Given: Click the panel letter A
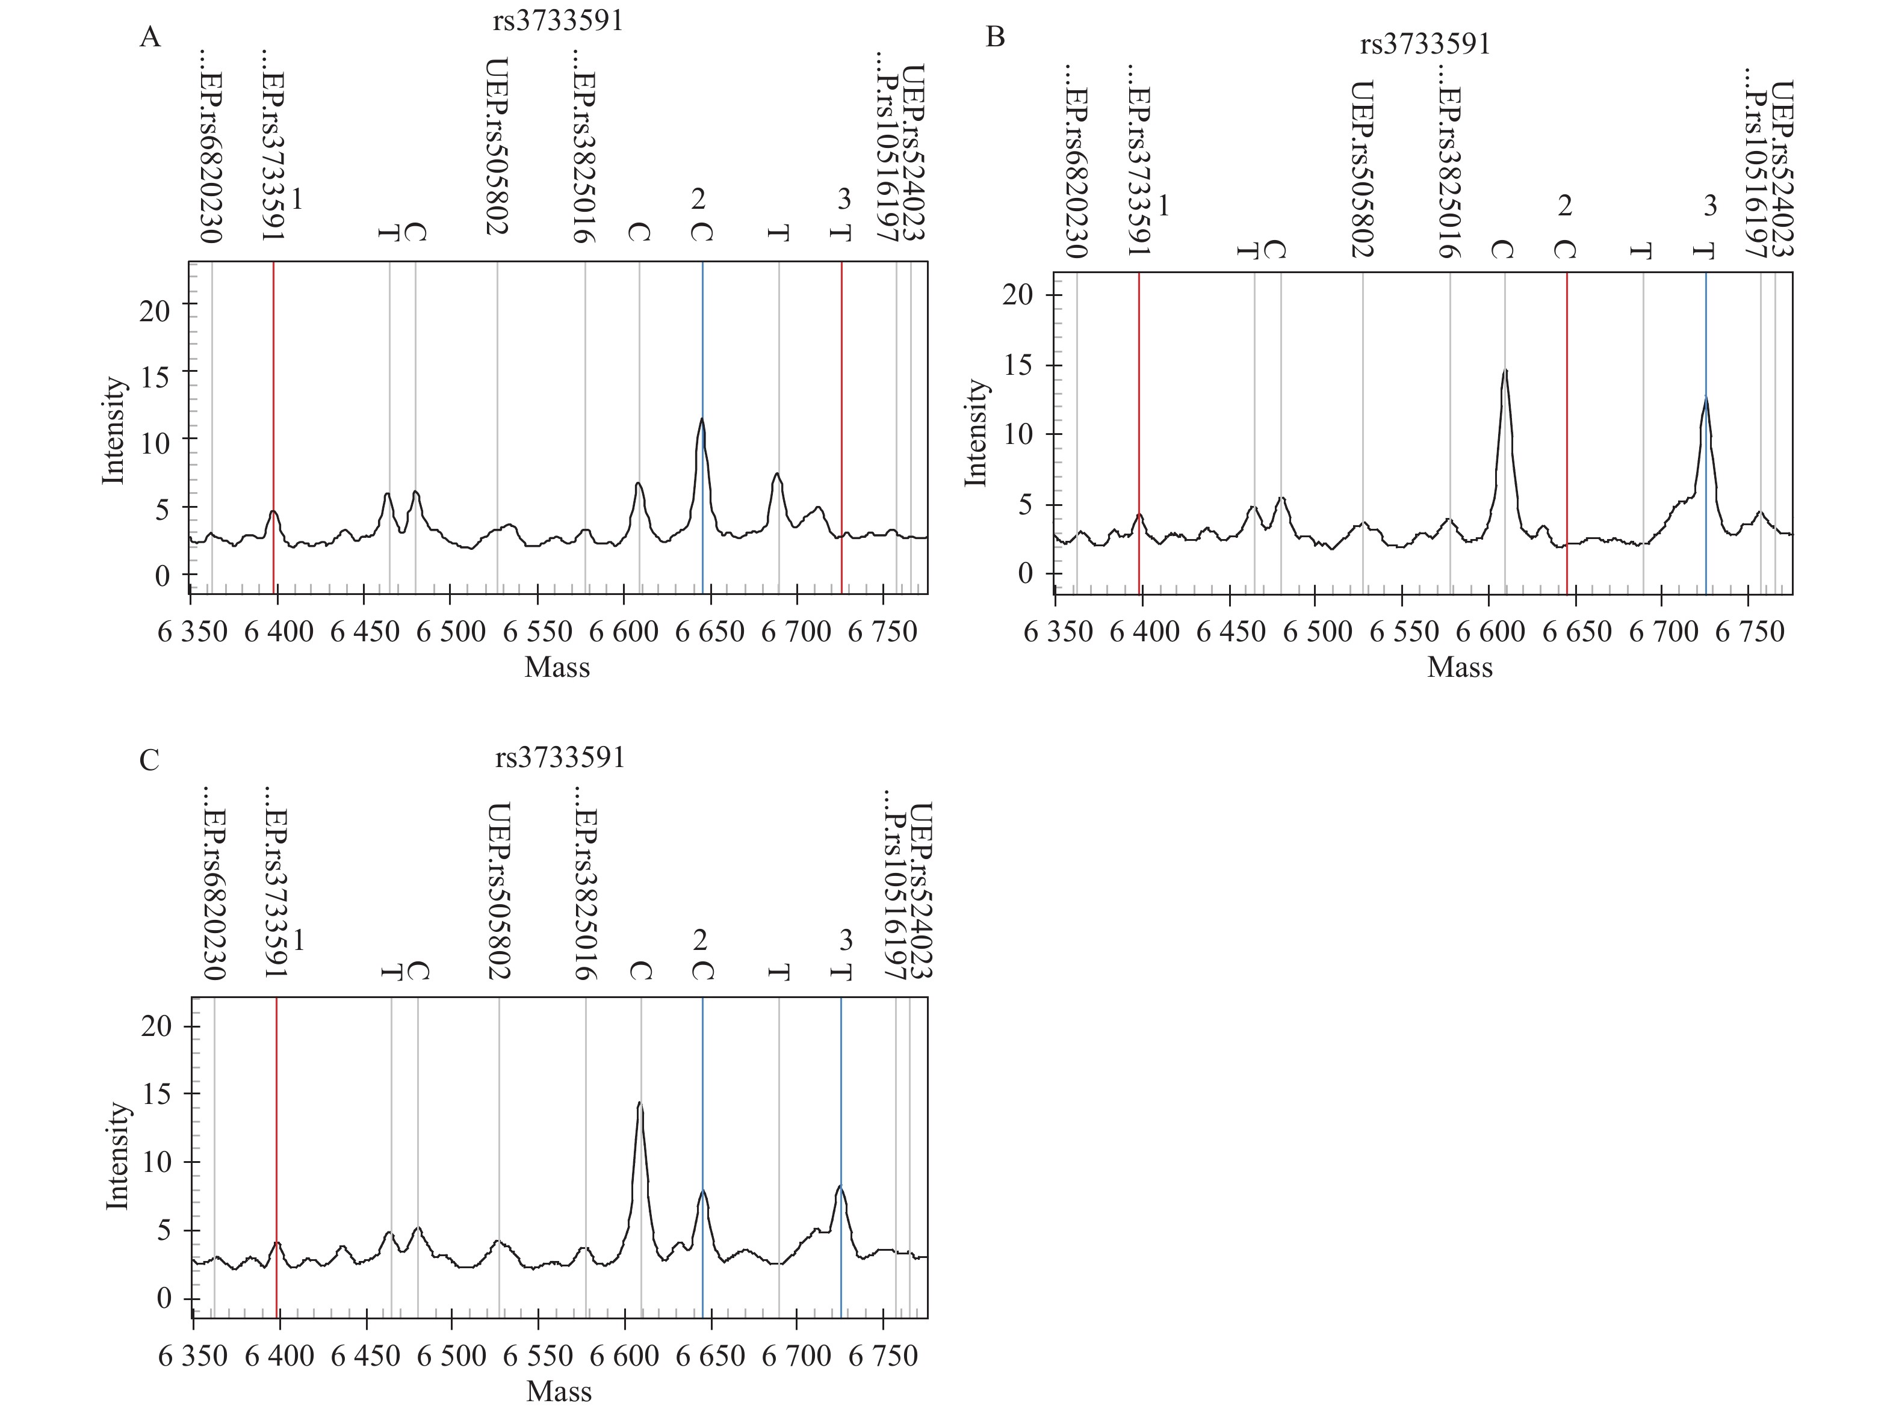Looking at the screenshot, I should point(149,38).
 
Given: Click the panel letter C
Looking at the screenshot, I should point(149,760).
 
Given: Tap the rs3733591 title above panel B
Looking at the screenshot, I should point(1425,44).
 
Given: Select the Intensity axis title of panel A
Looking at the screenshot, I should point(114,431).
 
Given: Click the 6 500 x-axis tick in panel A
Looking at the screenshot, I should point(451,632).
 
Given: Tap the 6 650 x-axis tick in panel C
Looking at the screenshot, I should point(711,1356).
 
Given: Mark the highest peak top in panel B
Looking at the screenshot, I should point(1505,371).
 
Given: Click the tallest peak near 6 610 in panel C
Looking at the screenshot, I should point(639,1104).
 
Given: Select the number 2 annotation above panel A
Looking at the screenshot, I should point(698,199).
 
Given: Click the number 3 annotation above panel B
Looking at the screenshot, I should point(1709,206).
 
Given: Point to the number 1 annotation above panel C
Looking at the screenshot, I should point(298,940).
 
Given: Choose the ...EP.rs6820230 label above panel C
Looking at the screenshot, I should point(212,882).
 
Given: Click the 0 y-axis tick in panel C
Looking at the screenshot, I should point(164,1298).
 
